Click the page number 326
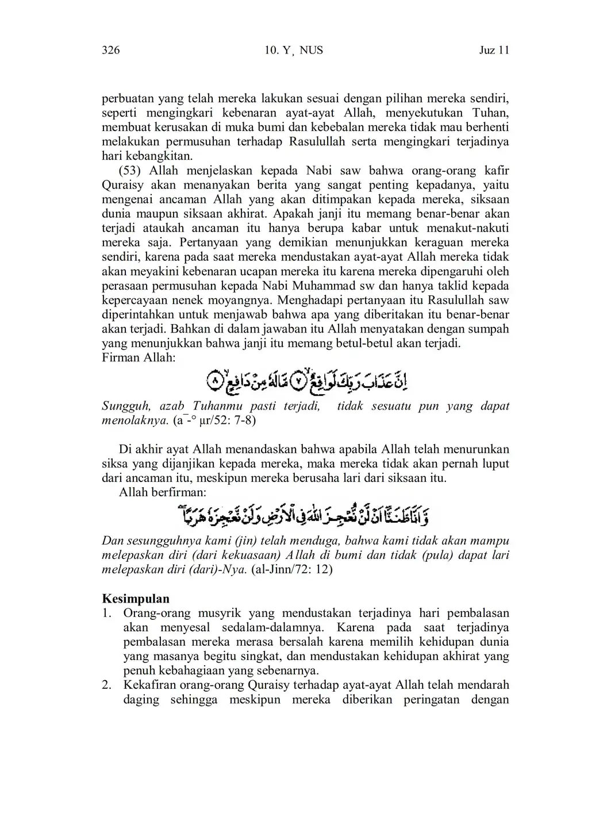click(110, 51)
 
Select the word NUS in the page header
click(312, 51)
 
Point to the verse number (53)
click(130, 171)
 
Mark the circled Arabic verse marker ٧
click(300, 380)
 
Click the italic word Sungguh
click(126, 406)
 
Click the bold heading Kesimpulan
click(136, 599)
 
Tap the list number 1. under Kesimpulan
click(106, 613)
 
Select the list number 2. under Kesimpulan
click(106, 685)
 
